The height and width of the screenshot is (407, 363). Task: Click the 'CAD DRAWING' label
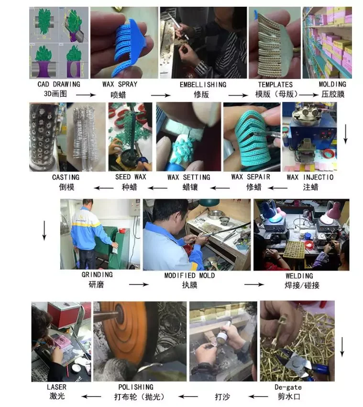coord(59,84)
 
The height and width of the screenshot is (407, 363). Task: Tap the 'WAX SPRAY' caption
coord(120,84)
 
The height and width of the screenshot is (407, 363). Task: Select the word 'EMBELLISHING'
coord(203,85)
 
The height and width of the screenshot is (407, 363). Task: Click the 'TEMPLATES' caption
coord(275,85)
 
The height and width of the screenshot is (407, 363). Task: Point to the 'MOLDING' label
coord(332,84)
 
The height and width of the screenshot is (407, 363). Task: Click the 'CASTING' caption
coord(66,177)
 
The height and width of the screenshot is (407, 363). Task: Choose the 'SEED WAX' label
coord(131,177)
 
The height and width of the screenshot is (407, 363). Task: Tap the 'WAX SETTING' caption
coord(188,177)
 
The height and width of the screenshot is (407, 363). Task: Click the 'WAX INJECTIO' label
coord(310,177)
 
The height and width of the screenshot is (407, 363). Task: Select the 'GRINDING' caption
coord(97,275)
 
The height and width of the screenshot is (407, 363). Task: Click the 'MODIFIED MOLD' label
coord(189,275)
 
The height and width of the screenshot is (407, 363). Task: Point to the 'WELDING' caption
coord(299,276)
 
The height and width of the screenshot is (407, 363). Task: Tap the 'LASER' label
coord(56,387)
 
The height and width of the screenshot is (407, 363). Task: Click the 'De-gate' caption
coord(288,387)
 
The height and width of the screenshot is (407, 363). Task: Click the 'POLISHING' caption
coord(136,387)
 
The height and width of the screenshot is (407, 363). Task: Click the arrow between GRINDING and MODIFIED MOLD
coord(139,284)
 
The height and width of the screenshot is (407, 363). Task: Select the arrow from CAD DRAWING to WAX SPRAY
coord(86,95)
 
